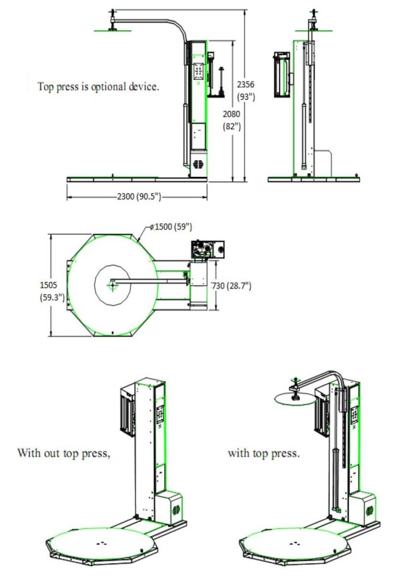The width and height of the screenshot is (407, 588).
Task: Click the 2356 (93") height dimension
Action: click(x=246, y=90)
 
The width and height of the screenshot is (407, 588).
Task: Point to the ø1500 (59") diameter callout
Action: click(x=170, y=227)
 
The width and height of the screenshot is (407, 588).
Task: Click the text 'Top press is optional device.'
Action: click(x=98, y=87)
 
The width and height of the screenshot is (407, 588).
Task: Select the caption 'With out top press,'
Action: click(x=63, y=453)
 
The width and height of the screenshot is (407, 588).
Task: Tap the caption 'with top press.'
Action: click(x=263, y=453)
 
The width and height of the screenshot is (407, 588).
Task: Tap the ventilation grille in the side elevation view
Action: click(x=199, y=164)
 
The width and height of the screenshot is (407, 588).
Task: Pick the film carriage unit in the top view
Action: click(x=207, y=249)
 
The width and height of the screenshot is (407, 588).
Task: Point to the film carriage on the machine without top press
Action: click(x=126, y=409)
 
